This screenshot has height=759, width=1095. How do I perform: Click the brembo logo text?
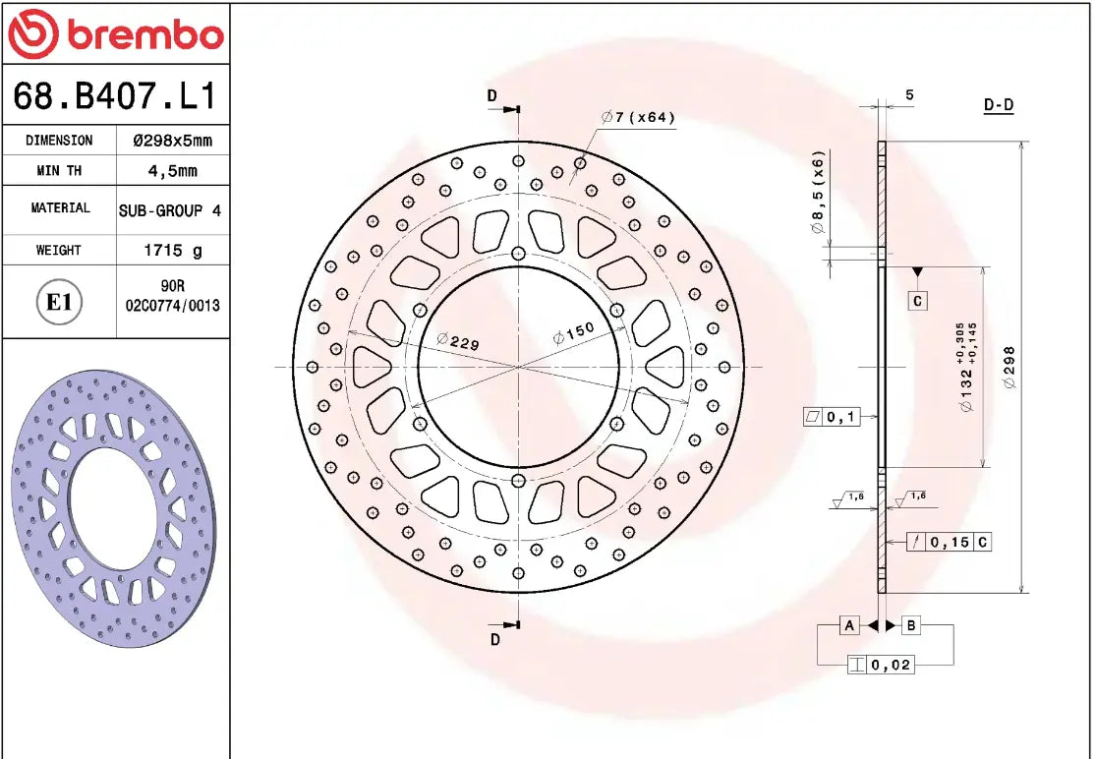pos(144,34)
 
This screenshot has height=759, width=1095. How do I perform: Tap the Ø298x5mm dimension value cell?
pos(173,141)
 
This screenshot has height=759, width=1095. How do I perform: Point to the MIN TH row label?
pos(59,171)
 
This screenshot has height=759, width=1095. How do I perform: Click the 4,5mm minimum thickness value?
pos(173,171)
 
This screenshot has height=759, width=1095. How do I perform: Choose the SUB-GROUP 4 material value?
pos(170,210)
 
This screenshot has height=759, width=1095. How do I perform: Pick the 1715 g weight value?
pos(173,251)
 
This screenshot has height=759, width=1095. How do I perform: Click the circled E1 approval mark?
pos(59,302)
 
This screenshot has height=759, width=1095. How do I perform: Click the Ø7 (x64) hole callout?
pos(639,118)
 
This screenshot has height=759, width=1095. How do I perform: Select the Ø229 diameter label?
pos(457,341)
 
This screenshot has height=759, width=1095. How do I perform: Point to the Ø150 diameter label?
pos(574,332)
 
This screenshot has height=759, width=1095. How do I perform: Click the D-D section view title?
pos(999,105)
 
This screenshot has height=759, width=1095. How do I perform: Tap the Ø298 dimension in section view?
pos(1010,367)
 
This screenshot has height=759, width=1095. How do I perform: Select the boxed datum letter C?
pos(917,301)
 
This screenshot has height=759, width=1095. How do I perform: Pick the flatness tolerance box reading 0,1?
pos(832,417)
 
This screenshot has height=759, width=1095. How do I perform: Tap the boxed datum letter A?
pos(848,625)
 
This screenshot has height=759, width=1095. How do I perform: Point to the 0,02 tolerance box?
pos(881,666)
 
